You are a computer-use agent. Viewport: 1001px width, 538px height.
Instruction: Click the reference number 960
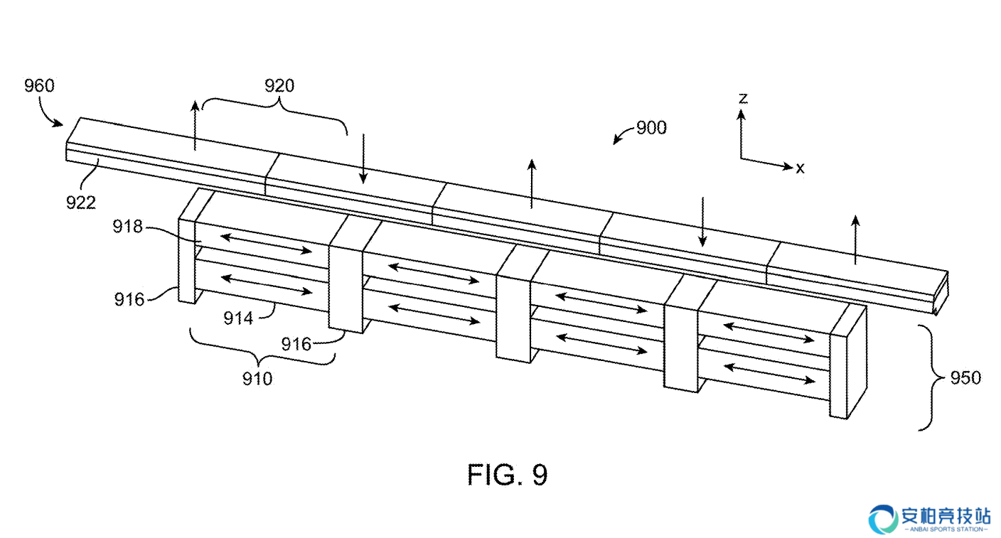[x=39, y=85]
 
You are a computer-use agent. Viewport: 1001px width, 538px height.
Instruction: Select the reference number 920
[x=279, y=85]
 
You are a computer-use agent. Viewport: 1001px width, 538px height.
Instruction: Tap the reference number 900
[x=651, y=128]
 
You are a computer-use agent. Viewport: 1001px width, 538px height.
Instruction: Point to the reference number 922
[x=81, y=203]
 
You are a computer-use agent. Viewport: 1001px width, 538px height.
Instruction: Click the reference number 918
[x=127, y=227]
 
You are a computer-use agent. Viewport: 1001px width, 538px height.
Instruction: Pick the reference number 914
[x=238, y=318]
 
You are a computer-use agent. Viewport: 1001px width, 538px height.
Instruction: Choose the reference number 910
[x=257, y=379]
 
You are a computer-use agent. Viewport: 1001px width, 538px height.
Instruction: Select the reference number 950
[x=965, y=378]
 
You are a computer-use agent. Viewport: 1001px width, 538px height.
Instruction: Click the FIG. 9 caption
[x=507, y=475]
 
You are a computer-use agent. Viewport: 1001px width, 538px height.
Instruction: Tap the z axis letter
[x=743, y=98]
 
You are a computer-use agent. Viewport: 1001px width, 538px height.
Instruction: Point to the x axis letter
[x=800, y=168]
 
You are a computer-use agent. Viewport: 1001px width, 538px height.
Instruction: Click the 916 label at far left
[x=129, y=299]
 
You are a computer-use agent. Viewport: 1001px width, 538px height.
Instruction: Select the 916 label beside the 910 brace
[x=296, y=344]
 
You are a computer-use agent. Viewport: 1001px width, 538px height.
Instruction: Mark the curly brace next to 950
[x=933, y=378]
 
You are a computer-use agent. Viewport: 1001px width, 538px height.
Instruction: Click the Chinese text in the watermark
[x=946, y=517]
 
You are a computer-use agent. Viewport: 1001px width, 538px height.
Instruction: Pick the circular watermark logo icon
[x=883, y=520]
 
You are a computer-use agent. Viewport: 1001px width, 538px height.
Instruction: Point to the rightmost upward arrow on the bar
[x=855, y=240]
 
